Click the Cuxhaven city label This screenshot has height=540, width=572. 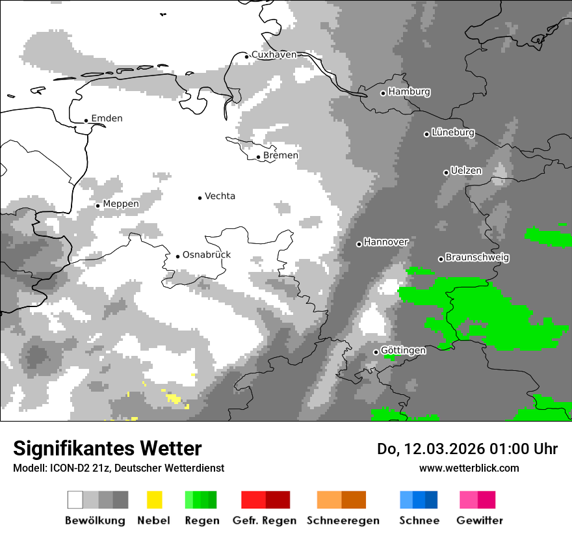click(274, 55)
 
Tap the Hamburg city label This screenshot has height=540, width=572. click(409, 92)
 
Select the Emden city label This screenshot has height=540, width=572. click(107, 118)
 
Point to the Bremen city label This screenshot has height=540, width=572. click(281, 155)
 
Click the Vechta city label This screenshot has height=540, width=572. click(220, 196)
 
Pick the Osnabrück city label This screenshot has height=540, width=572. click(207, 255)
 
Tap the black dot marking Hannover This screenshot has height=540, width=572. click(359, 244)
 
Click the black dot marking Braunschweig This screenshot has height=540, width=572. click(441, 259)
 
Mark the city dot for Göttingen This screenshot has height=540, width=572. click(376, 352)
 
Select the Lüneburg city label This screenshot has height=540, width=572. click(453, 133)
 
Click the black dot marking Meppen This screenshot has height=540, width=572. click(97, 206)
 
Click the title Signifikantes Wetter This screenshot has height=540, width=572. click(107, 448)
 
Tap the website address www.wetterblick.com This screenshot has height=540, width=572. click(469, 468)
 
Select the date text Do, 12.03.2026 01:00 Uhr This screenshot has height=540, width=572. click(467, 449)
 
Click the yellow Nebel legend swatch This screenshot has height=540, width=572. click(154, 500)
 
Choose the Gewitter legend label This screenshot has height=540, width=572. click(480, 520)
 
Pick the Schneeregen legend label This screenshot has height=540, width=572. click(343, 520)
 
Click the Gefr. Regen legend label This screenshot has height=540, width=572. click(265, 520)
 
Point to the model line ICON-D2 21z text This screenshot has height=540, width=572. click(118, 468)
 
